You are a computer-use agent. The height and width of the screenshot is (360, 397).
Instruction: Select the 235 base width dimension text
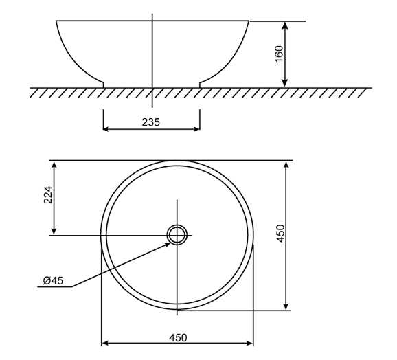click(150, 122)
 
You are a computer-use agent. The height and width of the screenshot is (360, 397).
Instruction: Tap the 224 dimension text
click(47, 197)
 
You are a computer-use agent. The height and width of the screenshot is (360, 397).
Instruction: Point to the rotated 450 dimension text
click(280, 234)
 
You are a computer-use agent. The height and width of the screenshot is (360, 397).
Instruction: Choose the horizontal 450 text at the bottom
click(177, 337)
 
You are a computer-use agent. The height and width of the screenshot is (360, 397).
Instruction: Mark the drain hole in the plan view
click(177, 235)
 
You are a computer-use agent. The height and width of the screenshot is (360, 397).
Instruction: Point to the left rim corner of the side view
click(56, 21)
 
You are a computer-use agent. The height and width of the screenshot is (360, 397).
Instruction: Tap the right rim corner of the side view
click(248, 21)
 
